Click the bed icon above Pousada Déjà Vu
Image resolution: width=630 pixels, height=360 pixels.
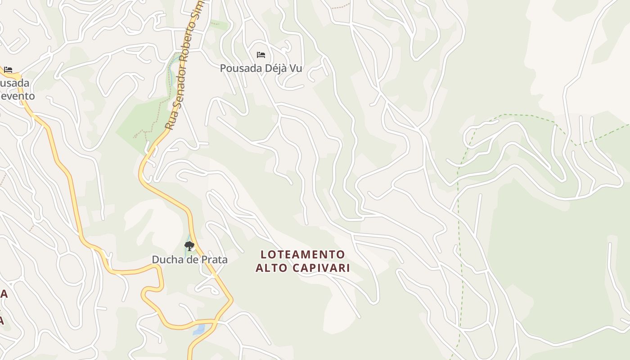[x=261, y=55]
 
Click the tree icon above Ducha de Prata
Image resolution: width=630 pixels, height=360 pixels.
[x=189, y=246]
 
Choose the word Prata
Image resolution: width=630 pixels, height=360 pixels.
[x=213, y=260]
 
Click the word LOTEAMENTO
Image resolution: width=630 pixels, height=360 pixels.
[x=303, y=255]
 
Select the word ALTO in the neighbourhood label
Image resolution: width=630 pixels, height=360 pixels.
[x=271, y=268]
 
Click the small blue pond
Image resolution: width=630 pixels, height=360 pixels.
[x=198, y=330]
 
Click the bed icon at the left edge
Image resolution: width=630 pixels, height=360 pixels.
[x=8, y=70]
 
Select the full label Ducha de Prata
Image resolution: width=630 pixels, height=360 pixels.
[x=189, y=260]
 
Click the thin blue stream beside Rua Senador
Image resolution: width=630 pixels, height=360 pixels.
[x=171, y=76]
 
